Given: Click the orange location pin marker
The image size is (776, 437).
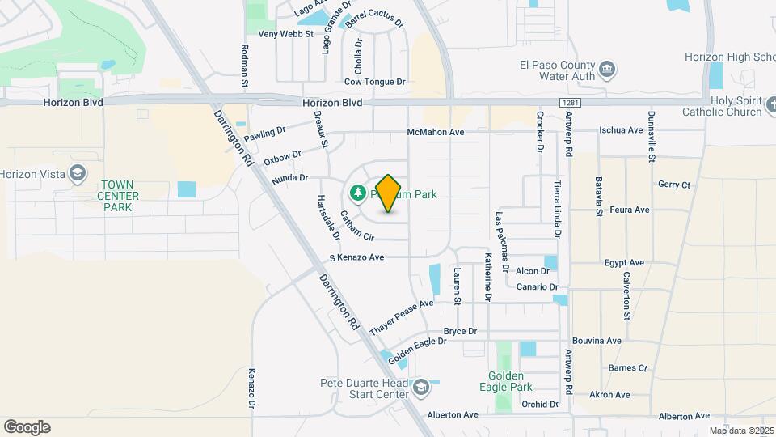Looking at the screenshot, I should tap(389, 193).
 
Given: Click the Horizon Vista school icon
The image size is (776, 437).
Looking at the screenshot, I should tap(77, 173).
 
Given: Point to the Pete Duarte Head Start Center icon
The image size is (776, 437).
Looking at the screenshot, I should tap(420, 388).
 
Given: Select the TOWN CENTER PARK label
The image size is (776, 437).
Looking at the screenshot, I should tap(117, 196).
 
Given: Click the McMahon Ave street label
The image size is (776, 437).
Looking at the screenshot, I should tap(436, 132).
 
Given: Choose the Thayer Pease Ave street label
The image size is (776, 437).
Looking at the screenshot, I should tap(402, 318).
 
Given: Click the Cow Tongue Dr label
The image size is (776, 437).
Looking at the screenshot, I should tap(374, 82).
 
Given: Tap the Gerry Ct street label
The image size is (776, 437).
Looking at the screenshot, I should tap(674, 185).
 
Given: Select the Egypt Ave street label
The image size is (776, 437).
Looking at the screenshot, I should tap(624, 263).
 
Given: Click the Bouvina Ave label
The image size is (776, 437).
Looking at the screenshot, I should tap(597, 342).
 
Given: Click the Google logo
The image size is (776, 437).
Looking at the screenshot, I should tap(27, 427).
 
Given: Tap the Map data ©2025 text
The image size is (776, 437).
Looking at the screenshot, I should tap(741, 431).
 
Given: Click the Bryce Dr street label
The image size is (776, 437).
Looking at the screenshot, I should tap(461, 332).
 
